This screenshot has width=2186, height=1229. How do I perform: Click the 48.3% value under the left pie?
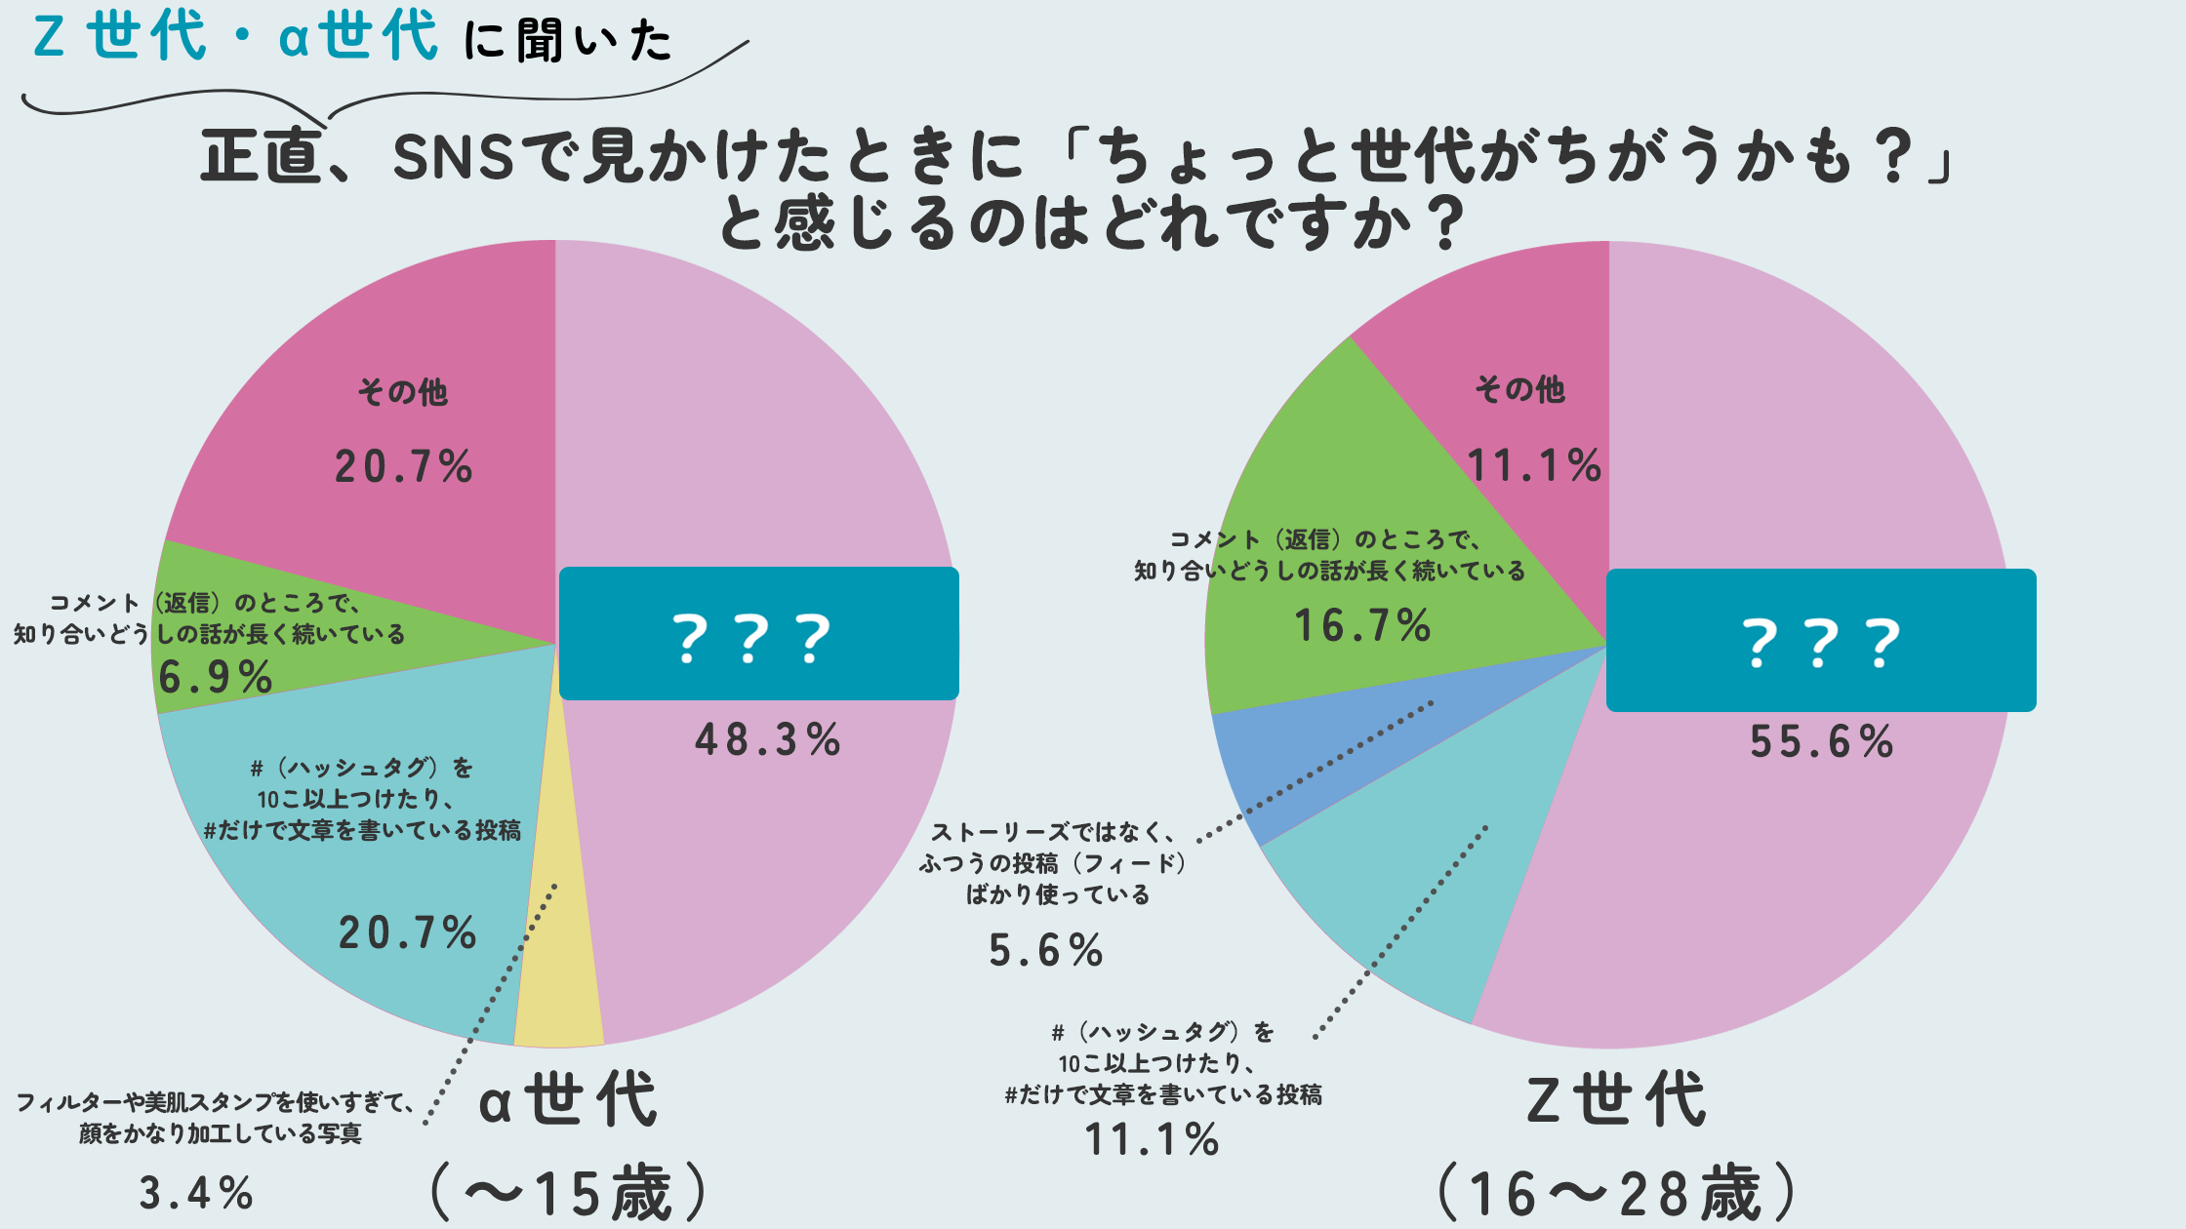(767, 740)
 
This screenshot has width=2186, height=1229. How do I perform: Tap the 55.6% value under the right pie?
(1821, 742)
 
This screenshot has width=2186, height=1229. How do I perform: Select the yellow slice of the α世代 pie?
(559, 975)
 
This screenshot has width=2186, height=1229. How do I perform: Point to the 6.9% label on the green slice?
(215, 677)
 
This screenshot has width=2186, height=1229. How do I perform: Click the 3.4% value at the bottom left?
(196, 1193)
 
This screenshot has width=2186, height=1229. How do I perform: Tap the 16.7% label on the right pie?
(1362, 625)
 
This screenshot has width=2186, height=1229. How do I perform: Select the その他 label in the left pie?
(402, 392)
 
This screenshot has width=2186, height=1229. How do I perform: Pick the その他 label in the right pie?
(1519, 389)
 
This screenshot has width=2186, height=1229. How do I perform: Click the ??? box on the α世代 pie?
(758, 634)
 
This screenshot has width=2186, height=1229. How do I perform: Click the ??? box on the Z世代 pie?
(1821, 641)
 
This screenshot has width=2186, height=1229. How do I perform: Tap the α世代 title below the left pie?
(568, 1100)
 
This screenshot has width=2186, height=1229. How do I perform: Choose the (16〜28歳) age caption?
(1617, 1192)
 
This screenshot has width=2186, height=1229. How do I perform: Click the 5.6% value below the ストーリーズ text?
(1045, 950)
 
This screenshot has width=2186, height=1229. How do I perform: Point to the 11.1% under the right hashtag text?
(1152, 1139)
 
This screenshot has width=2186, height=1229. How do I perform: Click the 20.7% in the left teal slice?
(407, 933)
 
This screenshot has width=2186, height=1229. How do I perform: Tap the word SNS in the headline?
(453, 157)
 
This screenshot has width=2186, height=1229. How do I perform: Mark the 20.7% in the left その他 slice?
(403, 466)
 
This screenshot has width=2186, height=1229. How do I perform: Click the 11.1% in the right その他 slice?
(1533, 465)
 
